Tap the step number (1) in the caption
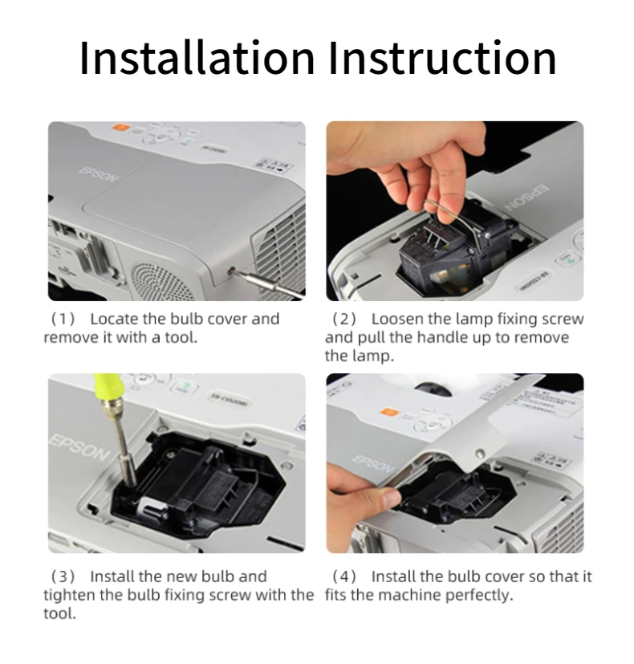(63, 319)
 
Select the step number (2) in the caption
(344, 319)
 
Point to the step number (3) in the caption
(63, 576)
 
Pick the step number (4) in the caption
(344, 576)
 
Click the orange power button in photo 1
(120, 127)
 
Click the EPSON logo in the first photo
(98, 174)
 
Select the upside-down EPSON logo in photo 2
(527, 198)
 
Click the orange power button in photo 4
(388, 412)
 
